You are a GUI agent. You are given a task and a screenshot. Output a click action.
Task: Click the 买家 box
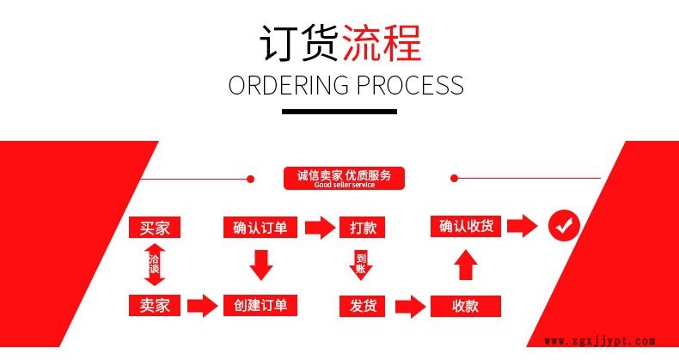[x=155, y=228]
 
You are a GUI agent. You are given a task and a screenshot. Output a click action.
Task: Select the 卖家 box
[x=155, y=304]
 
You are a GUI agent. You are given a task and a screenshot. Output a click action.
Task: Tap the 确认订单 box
[x=260, y=228]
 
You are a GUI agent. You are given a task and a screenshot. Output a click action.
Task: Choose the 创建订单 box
[x=260, y=304]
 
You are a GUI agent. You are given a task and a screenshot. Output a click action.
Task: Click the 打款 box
[x=362, y=228]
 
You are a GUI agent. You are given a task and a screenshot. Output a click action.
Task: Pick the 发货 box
[x=362, y=304]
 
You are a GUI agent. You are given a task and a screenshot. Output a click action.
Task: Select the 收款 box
[x=465, y=305]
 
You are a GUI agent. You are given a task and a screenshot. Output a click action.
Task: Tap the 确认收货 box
[x=465, y=227]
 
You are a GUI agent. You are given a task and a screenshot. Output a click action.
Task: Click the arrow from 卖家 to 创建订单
[x=202, y=305]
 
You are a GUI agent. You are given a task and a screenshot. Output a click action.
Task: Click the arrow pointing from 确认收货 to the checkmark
[x=521, y=227]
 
